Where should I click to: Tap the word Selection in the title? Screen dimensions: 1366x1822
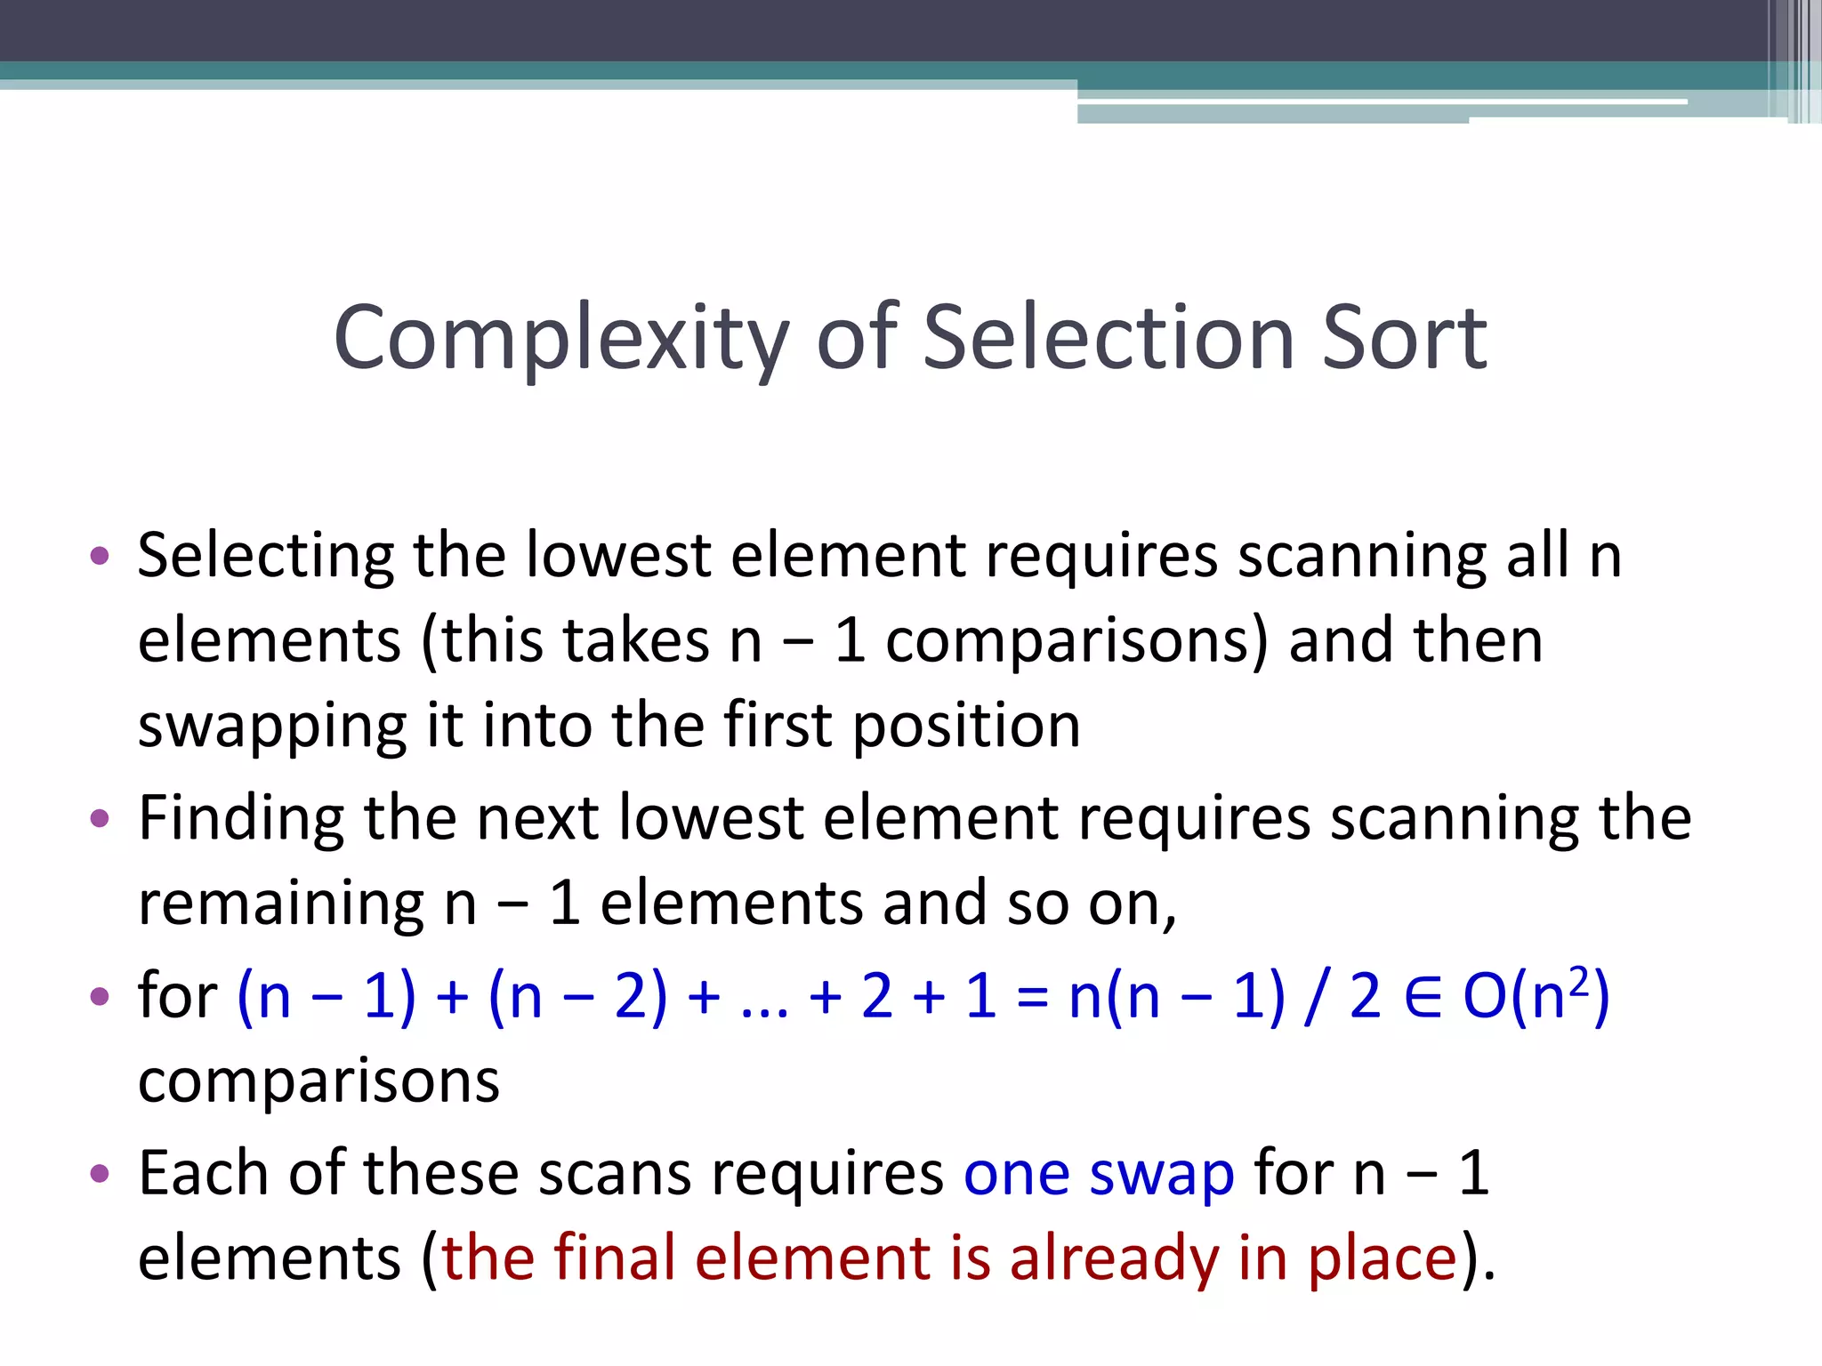pos(1109,338)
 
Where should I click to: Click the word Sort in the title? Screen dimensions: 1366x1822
pos(1404,338)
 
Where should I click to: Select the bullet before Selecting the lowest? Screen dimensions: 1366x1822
pos(100,557)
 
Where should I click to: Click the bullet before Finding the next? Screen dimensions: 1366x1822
pos(100,817)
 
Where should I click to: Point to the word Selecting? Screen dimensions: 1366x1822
pos(265,557)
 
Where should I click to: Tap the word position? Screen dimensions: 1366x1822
pos(966,726)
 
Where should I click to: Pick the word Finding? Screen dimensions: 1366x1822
pos(240,818)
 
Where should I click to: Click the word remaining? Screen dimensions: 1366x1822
pos(281,903)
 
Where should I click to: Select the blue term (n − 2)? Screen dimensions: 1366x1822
pos(577,996)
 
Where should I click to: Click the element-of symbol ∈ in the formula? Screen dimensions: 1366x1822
pos(1422,996)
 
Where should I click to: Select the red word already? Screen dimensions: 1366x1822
pos(1114,1259)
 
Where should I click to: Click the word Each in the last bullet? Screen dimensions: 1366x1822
pos(203,1174)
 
